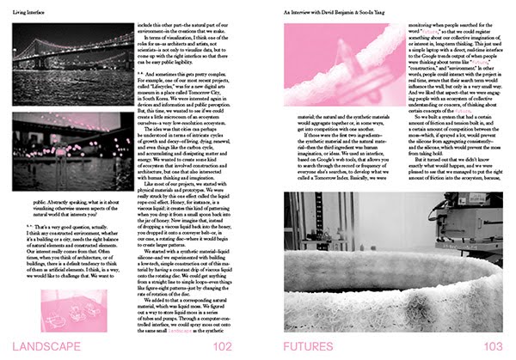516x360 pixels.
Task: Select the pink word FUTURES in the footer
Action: (317, 346)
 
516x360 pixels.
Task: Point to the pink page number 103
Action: (491, 346)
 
